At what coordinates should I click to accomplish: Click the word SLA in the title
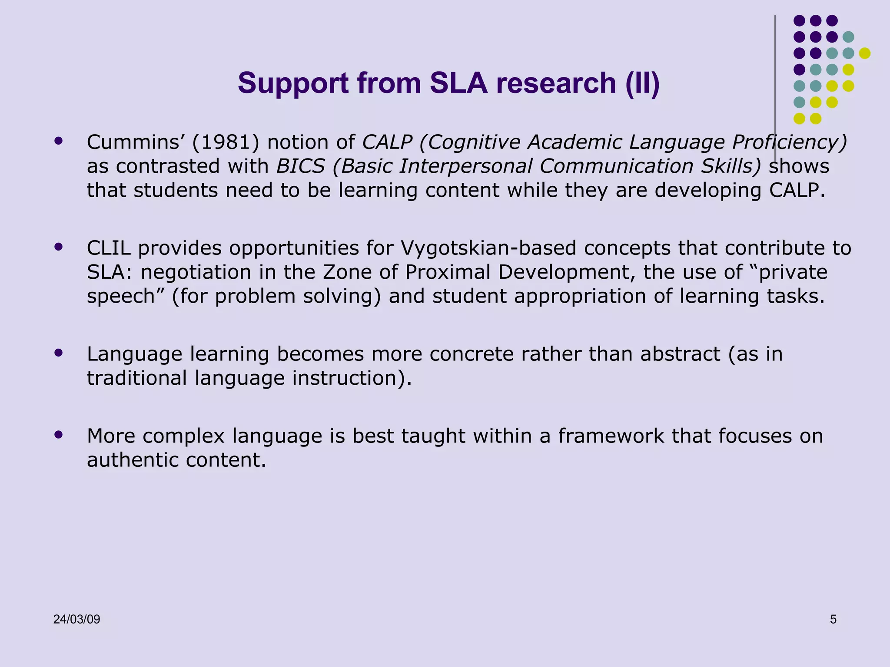(x=458, y=83)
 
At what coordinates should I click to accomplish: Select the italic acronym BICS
(x=301, y=166)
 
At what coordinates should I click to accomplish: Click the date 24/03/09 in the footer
(x=76, y=619)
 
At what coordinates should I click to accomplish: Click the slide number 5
(x=833, y=619)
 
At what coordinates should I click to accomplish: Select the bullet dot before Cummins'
(x=59, y=141)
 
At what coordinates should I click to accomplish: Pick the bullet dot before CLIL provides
(x=59, y=247)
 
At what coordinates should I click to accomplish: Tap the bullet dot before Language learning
(x=59, y=353)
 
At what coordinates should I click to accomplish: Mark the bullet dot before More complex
(x=59, y=434)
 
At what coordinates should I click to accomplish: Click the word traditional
(x=136, y=378)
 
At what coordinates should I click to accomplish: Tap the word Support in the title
(x=293, y=83)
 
